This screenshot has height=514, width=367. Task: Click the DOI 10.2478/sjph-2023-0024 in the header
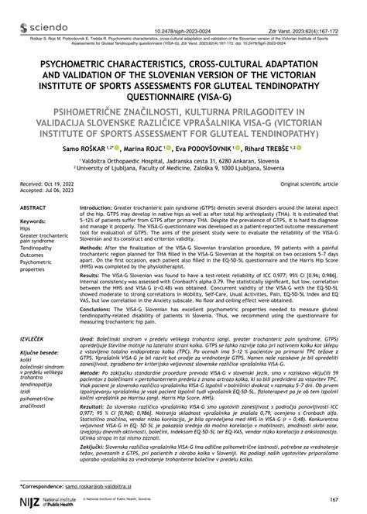183,9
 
